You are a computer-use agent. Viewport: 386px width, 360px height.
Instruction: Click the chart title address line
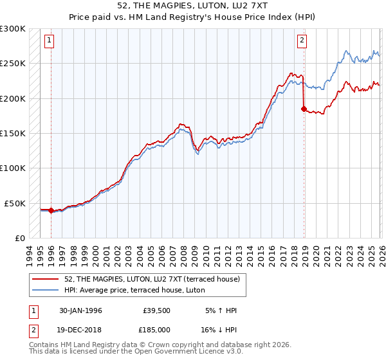click(193, 6)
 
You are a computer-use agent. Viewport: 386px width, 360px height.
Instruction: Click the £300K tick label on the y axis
click(13, 29)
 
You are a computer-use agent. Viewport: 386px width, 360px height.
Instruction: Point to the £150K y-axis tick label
click(13, 133)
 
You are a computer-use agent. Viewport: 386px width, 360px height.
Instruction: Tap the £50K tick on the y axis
click(15, 203)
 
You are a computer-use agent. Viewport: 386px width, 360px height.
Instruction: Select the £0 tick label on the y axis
click(19, 238)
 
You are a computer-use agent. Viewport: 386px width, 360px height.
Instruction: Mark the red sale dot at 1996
click(51, 210)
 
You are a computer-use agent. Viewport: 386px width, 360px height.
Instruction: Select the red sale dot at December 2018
click(304, 109)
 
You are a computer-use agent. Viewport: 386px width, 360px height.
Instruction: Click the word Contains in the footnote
click(44, 346)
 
